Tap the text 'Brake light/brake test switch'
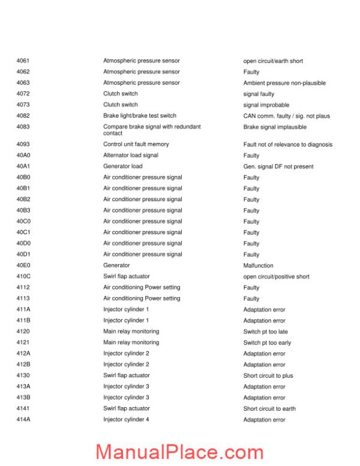point(139,116)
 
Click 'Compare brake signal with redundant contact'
point(152,130)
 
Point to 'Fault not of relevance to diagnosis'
point(287,144)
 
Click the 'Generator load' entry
point(122,166)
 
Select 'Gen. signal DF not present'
point(278,166)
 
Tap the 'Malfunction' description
point(258,265)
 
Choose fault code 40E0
point(23,265)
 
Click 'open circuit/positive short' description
point(276,277)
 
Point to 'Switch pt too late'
point(265,331)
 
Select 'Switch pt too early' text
point(267,342)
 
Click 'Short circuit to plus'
point(268,375)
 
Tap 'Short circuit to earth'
point(269,408)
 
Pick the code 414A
point(23,420)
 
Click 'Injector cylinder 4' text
point(126,420)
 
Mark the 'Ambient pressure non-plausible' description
point(284,83)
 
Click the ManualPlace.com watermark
point(179,452)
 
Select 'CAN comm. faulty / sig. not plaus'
point(286,116)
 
